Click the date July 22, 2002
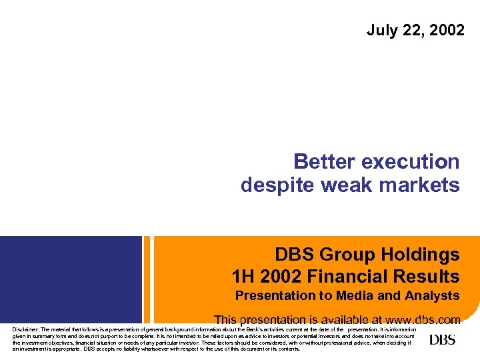pyautogui.click(x=415, y=30)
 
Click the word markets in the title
pyautogui.click(x=419, y=185)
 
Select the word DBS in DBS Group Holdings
pyautogui.click(x=295, y=255)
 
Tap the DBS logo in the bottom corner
pyautogui.click(x=442, y=340)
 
